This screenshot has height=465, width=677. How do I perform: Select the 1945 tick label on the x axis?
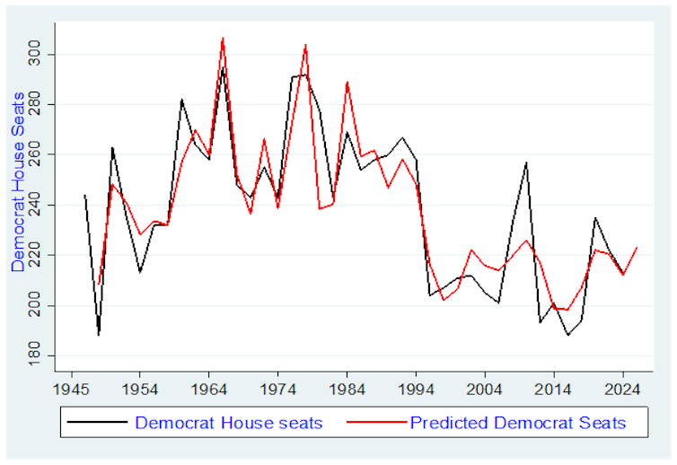click(71, 390)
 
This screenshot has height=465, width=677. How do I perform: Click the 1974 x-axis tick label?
click(278, 390)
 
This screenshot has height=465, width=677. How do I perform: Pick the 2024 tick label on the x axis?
click(623, 390)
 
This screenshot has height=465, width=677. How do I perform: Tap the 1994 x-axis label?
click(416, 390)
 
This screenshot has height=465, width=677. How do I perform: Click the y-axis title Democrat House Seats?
click(18, 181)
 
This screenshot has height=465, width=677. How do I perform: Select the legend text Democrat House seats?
click(227, 423)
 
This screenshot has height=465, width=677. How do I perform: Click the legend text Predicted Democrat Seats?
click(517, 423)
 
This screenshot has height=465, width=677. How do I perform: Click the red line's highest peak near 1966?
click(223, 38)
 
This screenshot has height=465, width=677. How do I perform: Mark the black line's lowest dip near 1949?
click(99, 335)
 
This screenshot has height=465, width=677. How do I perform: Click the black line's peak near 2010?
click(526, 162)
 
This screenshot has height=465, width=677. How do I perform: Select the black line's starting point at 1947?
click(84, 195)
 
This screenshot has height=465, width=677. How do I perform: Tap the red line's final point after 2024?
click(637, 247)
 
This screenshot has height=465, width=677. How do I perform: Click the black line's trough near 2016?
click(567, 335)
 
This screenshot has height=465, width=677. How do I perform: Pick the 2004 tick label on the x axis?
click(485, 390)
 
